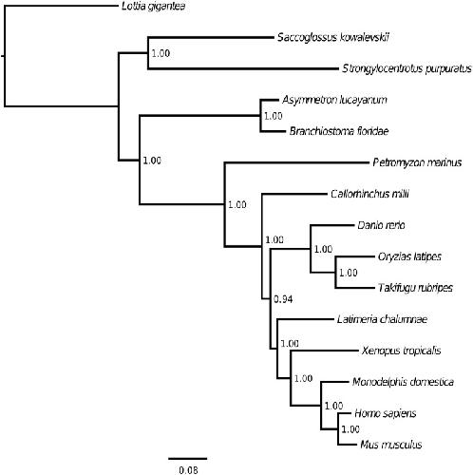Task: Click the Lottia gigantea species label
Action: coord(154,7)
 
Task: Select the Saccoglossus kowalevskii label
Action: coord(333,37)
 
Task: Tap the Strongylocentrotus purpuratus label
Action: coord(407,68)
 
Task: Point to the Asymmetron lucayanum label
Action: coord(334,100)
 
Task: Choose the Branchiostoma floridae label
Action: coord(339,131)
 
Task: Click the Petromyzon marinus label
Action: coord(417,162)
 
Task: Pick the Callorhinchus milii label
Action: coord(369,194)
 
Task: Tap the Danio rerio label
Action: coord(381,225)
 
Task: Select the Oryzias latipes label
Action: coord(409,256)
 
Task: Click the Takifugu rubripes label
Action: coord(415,288)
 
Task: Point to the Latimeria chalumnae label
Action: coord(382,319)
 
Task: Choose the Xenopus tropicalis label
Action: coord(401,351)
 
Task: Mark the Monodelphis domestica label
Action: coord(403,382)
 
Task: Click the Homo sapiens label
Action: coord(386,413)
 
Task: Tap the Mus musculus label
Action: coord(391,445)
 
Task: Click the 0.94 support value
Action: coord(283,299)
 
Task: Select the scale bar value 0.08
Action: coord(188,470)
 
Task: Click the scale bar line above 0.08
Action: coord(187,458)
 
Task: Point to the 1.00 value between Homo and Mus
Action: coord(350,429)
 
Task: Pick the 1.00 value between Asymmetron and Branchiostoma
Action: coord(274,116)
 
